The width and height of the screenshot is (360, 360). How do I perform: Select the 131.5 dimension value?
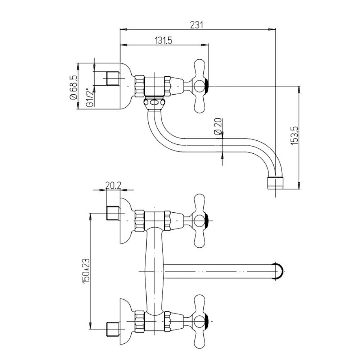pos(163,41)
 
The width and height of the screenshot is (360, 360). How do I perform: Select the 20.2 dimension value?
pos(113,185)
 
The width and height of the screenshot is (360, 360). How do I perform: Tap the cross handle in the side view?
pos(200,86)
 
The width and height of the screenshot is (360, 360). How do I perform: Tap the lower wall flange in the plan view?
pos(126,317)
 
